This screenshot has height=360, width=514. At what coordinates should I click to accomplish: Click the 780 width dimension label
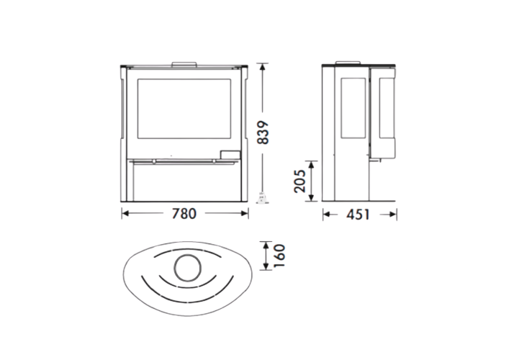click(x=184, y=214)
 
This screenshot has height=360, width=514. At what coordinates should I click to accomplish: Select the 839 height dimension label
click(x=263, y=132)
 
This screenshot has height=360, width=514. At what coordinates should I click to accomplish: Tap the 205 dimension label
click(x=300, y=181)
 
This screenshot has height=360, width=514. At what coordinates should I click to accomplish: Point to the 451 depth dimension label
click(x=358, y=215)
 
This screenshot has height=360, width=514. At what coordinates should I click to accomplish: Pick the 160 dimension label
click(x=279, y=256)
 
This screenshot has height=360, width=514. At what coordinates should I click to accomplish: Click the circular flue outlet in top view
click(x=188, y=268)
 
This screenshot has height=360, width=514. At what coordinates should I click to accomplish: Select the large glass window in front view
click(x=184, y=109)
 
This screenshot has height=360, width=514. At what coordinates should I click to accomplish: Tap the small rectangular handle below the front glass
click(x=230, y=155)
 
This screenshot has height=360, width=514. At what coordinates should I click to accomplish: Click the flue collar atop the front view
click(x=184, y=63)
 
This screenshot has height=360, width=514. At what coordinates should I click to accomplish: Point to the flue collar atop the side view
click(x=348, y=63)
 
